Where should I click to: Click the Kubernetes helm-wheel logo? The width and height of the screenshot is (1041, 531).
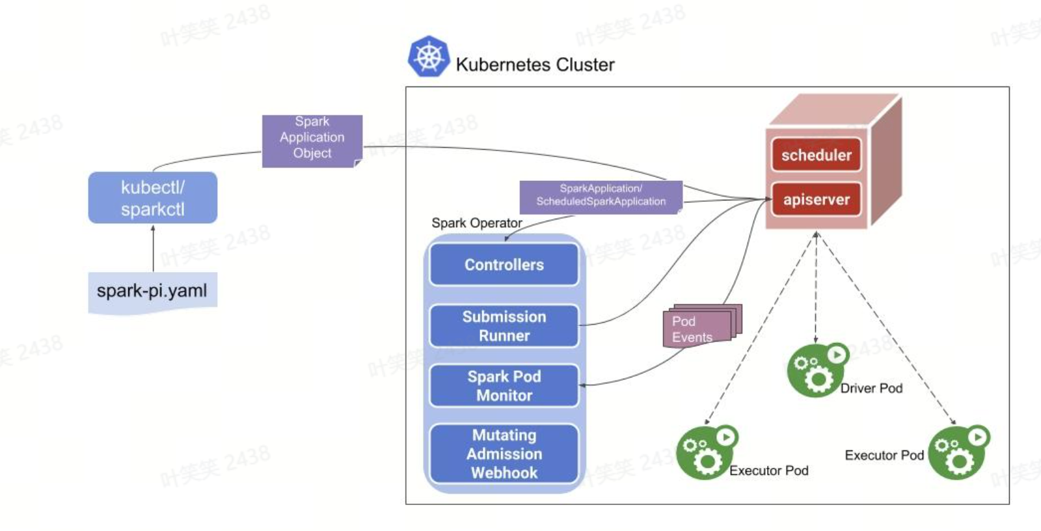(x=428, y=57)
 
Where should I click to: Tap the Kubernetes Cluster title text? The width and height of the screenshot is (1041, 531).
(x=535, y=64)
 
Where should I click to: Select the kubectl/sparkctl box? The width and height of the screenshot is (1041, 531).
(x=153, y=198)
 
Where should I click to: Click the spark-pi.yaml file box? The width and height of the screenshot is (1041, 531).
(x=152, y=291)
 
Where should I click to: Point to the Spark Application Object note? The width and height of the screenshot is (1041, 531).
(x=312, y=139)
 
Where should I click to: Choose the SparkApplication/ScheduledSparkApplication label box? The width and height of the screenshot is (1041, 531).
(x=601, y=195)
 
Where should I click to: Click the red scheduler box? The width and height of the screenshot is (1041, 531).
(x=816, y=155)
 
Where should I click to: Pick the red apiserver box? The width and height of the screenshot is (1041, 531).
(x=816, y=199)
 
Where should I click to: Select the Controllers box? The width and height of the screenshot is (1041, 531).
(x=504, y=265)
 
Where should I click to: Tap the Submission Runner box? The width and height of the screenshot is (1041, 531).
(x=504, y=326)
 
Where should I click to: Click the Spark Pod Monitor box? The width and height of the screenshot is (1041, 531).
(x=504, y=386)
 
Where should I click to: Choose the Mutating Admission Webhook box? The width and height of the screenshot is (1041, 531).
(x=504, y=454)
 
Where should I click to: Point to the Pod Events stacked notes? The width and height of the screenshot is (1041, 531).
(x=699, y=327)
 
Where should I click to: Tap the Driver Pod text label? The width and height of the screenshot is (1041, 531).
(x=871, y=388)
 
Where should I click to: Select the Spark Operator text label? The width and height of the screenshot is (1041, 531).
(x=476, y=223)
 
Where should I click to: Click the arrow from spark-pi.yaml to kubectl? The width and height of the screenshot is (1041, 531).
(x=153, y=249)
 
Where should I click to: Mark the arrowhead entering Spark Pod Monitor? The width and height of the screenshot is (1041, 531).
(x=583, y=385)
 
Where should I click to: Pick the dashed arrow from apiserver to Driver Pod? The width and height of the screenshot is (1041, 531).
(x=816, y=286)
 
